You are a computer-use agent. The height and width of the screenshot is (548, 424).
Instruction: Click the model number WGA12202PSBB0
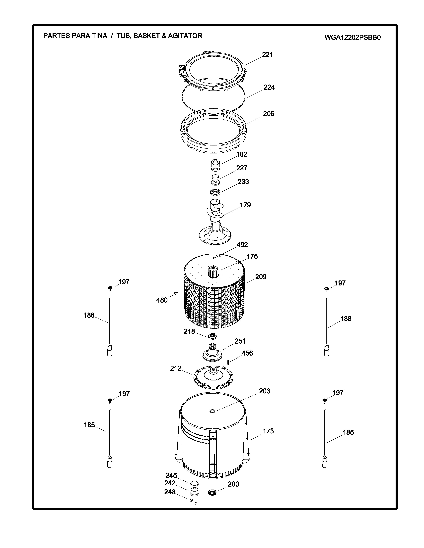(x=352, y=37)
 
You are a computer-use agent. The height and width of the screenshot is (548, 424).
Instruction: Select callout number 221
(x=267, y=54)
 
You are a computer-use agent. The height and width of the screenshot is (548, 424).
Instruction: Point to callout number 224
(x=269, y=87)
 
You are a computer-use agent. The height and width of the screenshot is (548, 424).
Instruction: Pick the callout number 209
(x=261, y=277)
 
